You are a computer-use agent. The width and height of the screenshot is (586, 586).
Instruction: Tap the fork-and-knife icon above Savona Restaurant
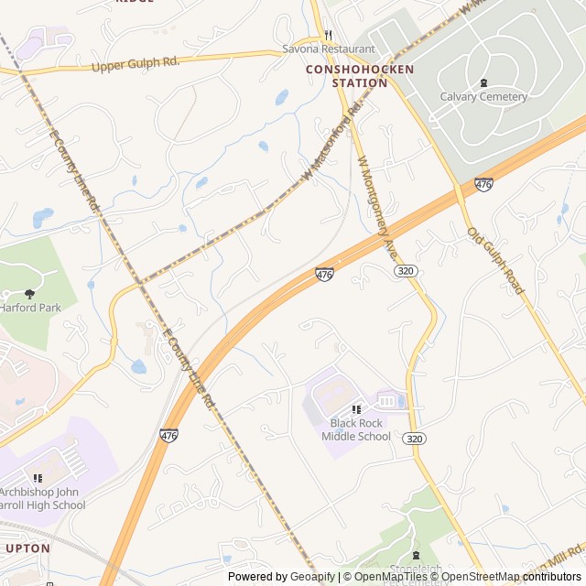pos(328,36)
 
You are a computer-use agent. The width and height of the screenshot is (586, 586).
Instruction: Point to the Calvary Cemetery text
pos(483,96)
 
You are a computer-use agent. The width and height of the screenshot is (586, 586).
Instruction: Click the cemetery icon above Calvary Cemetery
pos(483,82)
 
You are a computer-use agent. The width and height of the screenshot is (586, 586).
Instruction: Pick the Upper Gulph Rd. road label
pos(136,64)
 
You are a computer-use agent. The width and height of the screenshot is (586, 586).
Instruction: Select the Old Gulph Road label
pos(495,261)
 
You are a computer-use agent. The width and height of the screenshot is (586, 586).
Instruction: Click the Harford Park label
pos(30,308)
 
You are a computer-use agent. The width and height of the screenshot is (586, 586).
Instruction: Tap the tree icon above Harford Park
pos(29,294)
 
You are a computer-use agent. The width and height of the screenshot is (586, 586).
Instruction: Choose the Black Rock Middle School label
pos(356,429)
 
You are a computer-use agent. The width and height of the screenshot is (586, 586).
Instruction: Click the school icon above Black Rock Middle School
pos(356,409)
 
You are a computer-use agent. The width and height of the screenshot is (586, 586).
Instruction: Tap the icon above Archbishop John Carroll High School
pos(38,478)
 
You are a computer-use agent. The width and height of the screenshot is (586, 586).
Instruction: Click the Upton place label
pos(27,548)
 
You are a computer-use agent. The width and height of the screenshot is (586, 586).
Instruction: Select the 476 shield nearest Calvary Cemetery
pos(483,185)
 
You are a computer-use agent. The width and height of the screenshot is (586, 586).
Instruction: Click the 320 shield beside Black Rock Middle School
pos(415,439)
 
